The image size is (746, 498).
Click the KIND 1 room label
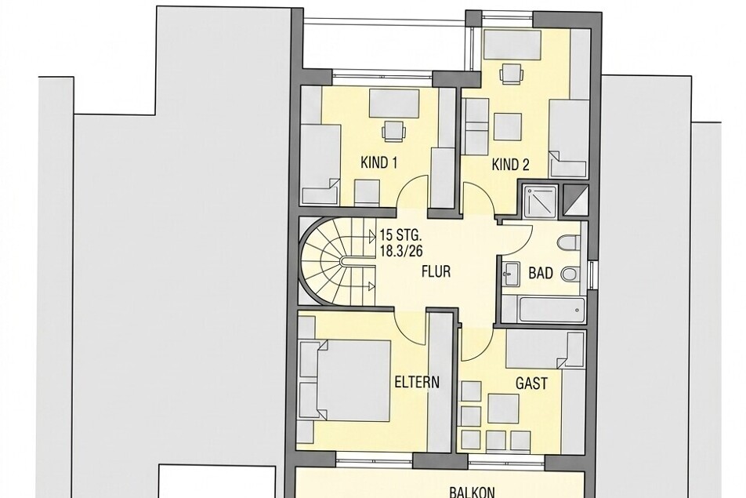(x=378, y=163)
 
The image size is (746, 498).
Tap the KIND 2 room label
(x=510, y=165)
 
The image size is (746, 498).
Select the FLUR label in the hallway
(x=436, y=271)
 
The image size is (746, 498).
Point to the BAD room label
(x=541, y=273)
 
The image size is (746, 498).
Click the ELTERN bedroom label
(x=417, y=382)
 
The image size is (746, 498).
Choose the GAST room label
(x=531, y=383)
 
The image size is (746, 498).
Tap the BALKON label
(x=473, y=493)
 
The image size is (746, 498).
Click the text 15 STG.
(x=400, y=235)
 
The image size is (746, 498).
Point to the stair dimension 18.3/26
(x=400, y=251)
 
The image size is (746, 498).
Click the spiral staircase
(x=335, y=262)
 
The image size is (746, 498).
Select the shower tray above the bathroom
(x=541, y=198)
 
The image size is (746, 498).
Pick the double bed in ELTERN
(x=345, y=380)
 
